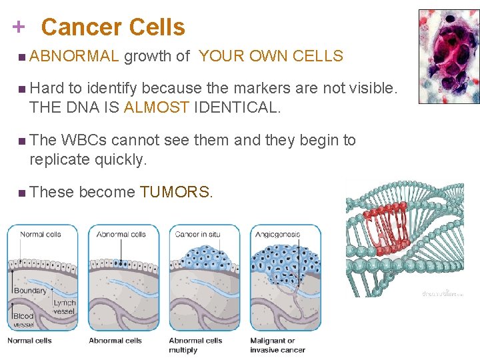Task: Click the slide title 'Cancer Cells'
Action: [x=113, y=27]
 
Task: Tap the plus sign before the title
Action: [x=19, y=27]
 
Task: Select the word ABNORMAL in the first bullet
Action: [x=73, y=57]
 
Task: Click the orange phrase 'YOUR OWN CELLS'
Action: [x=271, y=57]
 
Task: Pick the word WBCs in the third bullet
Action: [x=85, y=141]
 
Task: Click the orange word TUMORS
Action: [x=177, y=193]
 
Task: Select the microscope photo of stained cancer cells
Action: [x=448, y=56]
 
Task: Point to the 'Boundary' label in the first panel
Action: [x=31, y=291]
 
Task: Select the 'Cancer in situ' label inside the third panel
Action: [x=197, y=235]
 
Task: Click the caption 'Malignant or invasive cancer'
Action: [x=277, y=345]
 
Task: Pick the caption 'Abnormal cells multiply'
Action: [x=195, y=345]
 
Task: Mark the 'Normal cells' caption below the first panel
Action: [x=30, y=341]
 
